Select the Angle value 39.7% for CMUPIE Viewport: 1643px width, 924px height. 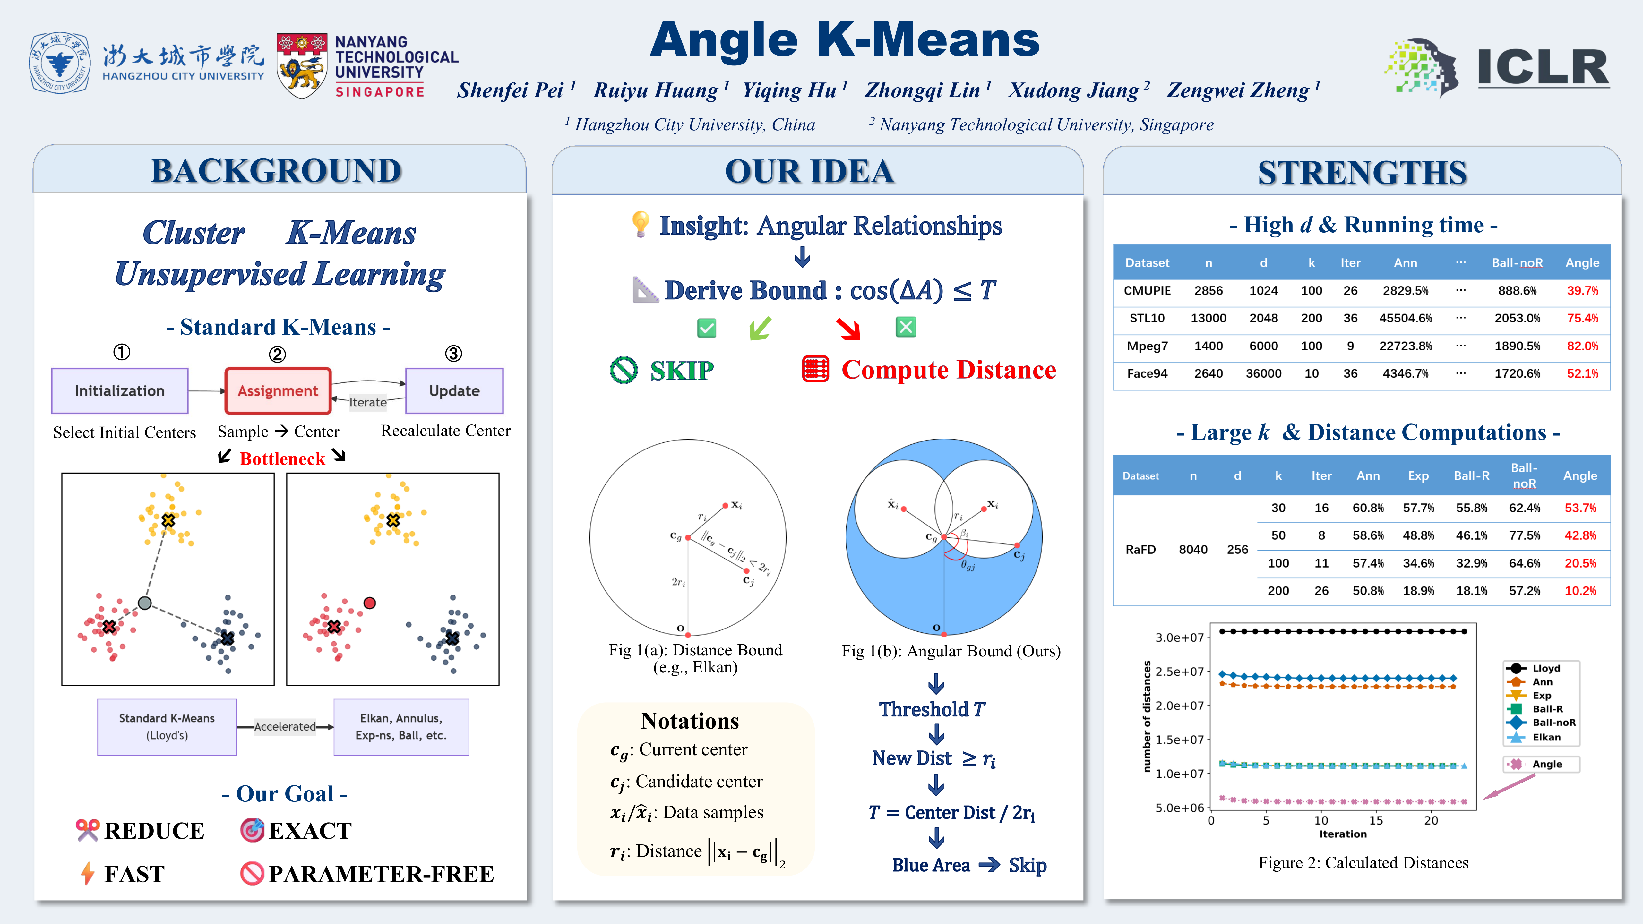tap(1582, 291)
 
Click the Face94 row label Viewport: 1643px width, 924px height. tap(1147, 374)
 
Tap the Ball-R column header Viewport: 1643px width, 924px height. tap(1471, 476)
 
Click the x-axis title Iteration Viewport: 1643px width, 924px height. tap(1343, 834)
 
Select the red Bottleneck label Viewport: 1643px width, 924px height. tap(282, 459)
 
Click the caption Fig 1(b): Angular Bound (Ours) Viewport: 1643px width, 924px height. tap(951, 651)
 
